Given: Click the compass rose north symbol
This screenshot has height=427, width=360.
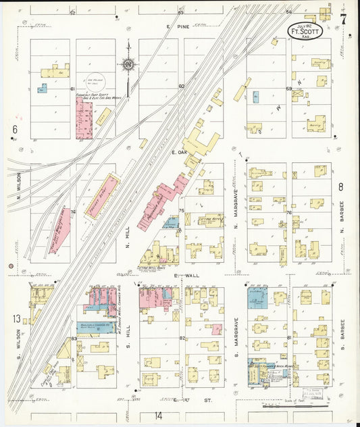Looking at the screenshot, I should click(128, 66).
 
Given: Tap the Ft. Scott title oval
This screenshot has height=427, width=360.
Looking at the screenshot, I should click(305, 30).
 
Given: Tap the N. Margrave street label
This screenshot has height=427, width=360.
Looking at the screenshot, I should click(237, 207).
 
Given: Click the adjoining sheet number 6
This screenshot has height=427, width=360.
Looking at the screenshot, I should click(14, 128).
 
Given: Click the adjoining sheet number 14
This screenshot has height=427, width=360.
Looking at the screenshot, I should click(158, 415).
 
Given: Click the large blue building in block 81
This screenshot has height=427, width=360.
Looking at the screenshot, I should click(258, 297).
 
